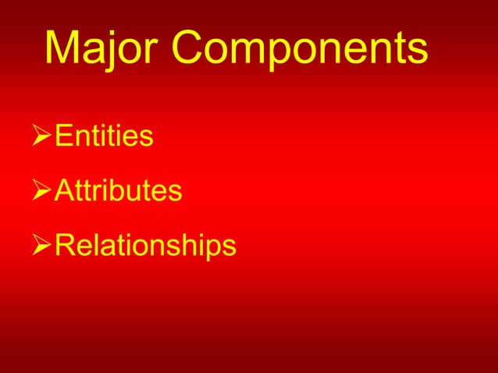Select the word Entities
coord(104,137)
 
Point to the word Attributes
coord(119,190)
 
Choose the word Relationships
coord(145,245)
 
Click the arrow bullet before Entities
coord(43,137)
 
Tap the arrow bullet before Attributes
coord(43,191)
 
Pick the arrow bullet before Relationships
coord(43,246)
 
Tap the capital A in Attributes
coord(66,190)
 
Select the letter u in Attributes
coord(138,193)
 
